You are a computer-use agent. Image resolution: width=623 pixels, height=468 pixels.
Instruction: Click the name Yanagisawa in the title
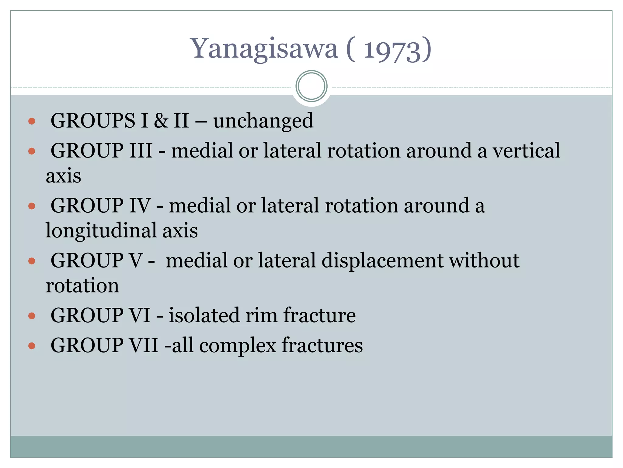(x=264, y=49)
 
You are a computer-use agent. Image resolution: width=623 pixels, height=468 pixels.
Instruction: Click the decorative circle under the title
(x=311, y=86)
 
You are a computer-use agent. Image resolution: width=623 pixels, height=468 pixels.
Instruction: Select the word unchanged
(x=263, y=121)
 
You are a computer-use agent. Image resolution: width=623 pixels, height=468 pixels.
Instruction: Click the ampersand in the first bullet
(x=161, y=121)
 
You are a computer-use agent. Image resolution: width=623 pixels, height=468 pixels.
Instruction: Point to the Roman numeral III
(x=141, y=151)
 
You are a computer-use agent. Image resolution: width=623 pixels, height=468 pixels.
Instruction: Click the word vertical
(x=526, y=151)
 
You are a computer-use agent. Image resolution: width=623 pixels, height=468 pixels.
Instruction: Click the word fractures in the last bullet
(x=322, y=345)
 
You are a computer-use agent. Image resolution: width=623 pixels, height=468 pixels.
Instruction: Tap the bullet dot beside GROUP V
(x=32, y=261)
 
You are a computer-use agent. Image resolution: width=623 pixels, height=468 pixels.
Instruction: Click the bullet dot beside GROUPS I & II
(x=32, y=122)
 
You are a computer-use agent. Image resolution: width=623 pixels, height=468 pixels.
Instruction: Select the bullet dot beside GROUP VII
(x=32, y=346)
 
